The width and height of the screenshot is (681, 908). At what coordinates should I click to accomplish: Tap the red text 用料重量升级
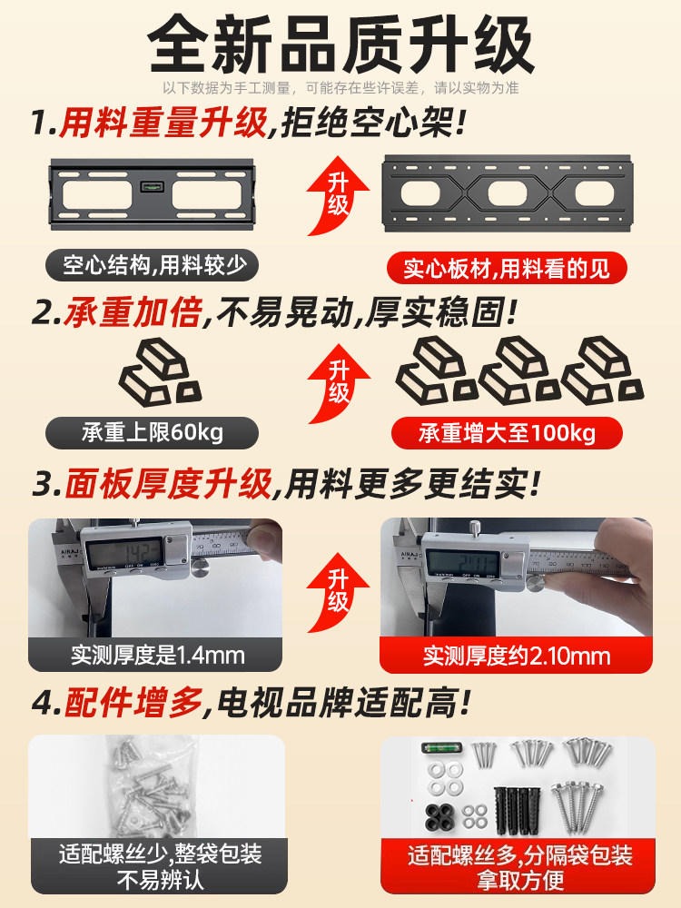[x=163, y=123]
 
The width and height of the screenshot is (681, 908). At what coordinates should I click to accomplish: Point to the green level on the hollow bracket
[x=151, y=187]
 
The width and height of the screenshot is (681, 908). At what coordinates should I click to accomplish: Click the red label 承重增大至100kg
[x=506, y=433]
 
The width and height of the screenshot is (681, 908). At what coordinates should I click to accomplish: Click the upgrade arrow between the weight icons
[x=339, y=386]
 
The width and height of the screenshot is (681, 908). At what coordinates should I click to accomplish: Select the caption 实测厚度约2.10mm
[x=515, y=656]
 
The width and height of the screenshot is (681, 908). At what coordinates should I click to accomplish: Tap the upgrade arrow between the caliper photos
[x=339, y=595]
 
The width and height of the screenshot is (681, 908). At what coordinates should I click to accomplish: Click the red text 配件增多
[x=131, y=701]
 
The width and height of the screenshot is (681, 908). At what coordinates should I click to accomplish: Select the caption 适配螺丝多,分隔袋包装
[x=518, y=854]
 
